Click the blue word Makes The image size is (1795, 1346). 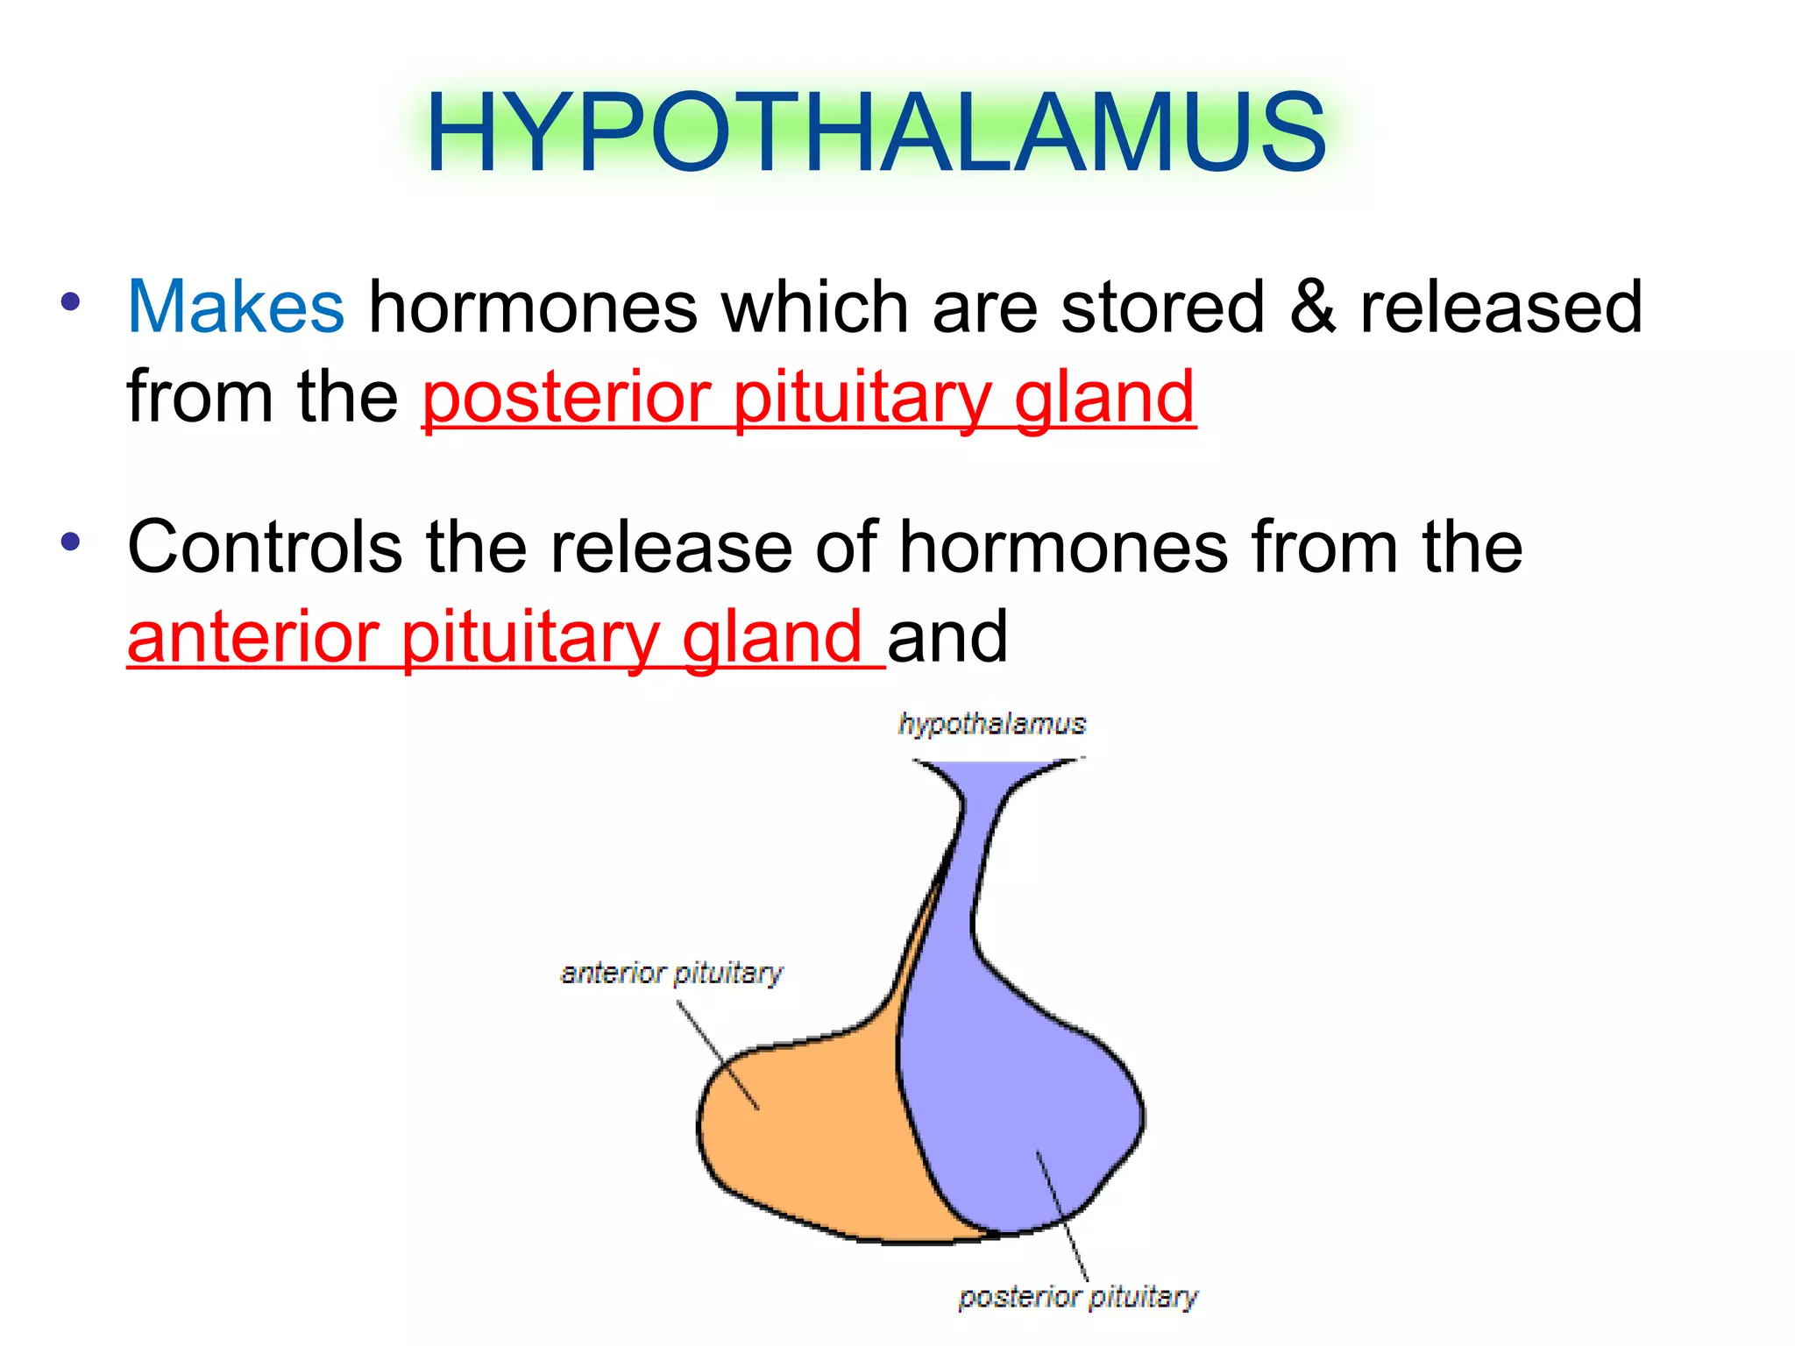point(236,308)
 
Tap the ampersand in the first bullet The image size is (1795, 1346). point(1312,308)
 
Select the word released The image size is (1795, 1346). point(1501,308)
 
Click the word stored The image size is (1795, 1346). point(1162,308)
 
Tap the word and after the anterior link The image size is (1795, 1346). point(947,638)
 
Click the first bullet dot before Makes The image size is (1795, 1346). point(71,303)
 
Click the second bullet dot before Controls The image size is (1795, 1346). point(71,542)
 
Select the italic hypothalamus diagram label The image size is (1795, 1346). point(991,724)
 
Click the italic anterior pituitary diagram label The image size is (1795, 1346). point(671,973)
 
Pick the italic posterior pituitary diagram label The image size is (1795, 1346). point(1077,1297)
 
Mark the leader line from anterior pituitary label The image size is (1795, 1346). point(717,1056)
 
